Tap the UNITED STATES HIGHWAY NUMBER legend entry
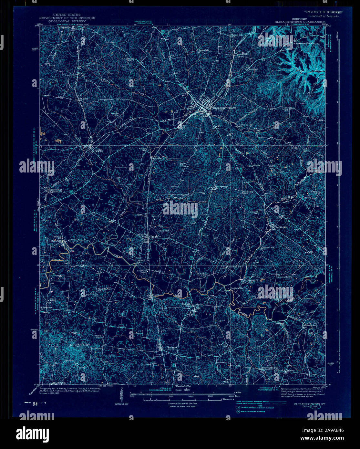[253, 408]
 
